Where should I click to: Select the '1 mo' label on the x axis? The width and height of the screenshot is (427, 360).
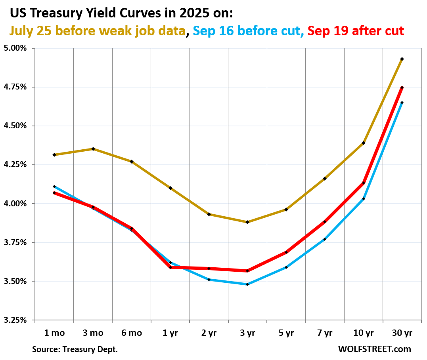pyautogui.click(x=54, y=333)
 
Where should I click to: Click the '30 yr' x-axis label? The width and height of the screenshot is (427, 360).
pyautogui.click(x=402, y=333)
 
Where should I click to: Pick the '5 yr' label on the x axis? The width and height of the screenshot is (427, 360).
pyautogui.click(x=286, y=333)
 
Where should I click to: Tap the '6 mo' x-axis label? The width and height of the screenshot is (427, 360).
pyautogui.click(x=131, y=333)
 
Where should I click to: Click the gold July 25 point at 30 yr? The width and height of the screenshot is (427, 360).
pyautogui.click(x=402, y=59)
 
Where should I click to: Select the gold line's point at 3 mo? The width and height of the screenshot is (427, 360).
pyautogui.click(x=93, y=149)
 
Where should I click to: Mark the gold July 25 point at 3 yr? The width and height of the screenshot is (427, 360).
pyautogui.click(x=247, y=222)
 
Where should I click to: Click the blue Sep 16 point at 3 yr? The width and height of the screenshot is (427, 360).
pyautogui.click(x=247, y=284)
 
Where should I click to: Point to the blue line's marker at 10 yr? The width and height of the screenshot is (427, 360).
pyautogui.click(x=364, y=199)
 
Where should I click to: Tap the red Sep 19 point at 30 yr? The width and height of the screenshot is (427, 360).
pyautogui.click(x=402, y=88)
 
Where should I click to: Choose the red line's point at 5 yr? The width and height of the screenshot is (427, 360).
pyautogui.click(x=286, y=252)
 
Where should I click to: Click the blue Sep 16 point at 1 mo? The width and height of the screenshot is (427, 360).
pyautogui.click(x=54, y=187)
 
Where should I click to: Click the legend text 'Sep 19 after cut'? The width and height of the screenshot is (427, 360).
pyautogui.click(x=356, y=30)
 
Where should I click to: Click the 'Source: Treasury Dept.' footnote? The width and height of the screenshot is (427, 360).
pyautogui.click(x=75, y=349)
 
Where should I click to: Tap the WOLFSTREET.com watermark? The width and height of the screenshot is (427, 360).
pyautogui.click(x=374, y=349)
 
